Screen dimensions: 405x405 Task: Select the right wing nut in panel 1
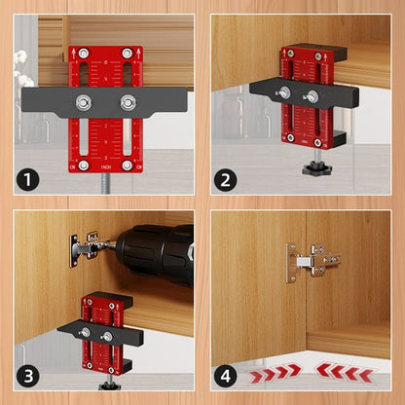coord(127,101)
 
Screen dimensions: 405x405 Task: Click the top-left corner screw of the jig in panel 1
coord(83,54)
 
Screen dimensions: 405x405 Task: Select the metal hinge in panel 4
coord(313,261)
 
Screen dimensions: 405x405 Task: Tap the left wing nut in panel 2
coord(284,92)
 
